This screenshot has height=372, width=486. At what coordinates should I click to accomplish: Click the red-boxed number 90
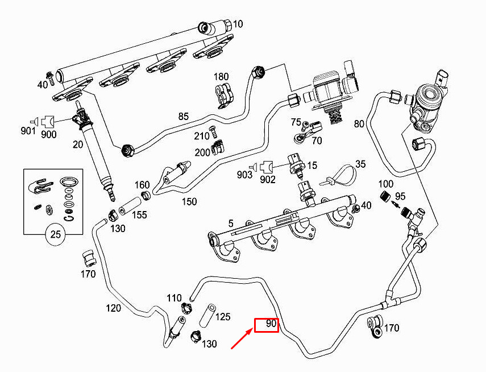266,325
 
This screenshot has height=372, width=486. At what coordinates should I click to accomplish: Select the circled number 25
55,234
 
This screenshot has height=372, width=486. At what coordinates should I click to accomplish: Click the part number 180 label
221,77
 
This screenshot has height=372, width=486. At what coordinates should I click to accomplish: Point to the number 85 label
183,117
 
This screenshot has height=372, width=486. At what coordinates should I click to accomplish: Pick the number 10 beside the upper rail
238,24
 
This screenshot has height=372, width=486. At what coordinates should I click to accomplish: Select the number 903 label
245,175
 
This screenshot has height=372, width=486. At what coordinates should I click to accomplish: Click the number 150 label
189,201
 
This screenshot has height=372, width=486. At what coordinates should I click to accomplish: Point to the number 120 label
114,308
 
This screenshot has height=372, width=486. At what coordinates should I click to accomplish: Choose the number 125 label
223,317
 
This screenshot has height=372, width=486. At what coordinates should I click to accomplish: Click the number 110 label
174,298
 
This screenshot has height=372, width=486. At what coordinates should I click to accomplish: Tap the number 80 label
359,123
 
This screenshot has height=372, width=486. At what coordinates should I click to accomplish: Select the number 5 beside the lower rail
231,224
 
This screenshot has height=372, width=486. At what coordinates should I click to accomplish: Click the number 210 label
202,136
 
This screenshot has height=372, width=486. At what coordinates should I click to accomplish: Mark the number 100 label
386,184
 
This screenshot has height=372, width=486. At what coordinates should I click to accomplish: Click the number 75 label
296,122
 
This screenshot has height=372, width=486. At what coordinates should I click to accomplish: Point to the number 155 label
140,215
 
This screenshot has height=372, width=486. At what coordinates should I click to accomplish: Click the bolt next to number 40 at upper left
50,76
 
